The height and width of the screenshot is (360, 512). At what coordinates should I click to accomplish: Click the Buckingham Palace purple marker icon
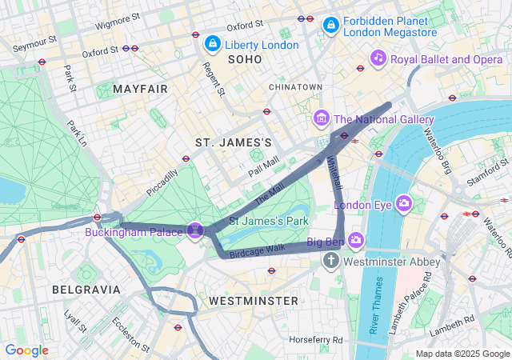tap(194, 230)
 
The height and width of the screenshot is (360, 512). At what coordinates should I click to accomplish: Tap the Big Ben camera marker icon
tap(355, 239)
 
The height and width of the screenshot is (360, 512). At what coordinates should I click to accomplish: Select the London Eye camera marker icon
tap(404, 203)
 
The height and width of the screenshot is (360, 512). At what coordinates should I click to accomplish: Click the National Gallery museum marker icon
tap(322, 118)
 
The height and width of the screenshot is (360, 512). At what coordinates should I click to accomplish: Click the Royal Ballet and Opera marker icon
tap(378, 58)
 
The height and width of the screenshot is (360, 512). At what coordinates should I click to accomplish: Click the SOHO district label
tap(245, 59)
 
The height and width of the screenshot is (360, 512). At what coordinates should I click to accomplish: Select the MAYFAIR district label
tap(141, 89)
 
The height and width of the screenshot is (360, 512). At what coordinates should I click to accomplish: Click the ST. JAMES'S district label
tap(234, 142)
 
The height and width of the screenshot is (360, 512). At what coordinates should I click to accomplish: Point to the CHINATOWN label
tap(295, 86)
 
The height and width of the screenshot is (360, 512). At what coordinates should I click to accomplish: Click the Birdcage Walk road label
tap(258, 249)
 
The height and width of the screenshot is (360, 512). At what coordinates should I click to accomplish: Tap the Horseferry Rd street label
tap(316, 339)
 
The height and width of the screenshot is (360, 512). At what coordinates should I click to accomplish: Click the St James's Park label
tap(269, 220)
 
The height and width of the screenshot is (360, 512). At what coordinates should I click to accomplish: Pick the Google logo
tap(26, 350)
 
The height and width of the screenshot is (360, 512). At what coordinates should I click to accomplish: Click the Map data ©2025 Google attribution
tap(462, 354)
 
